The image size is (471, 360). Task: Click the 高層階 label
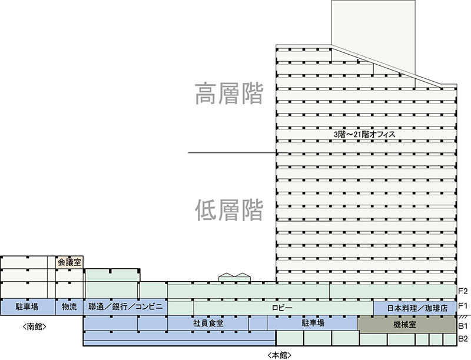229,94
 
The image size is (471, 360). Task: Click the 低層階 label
229,210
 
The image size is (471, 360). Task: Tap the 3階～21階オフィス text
364,134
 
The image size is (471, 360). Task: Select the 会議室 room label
69,262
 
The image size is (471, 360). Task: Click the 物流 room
69,307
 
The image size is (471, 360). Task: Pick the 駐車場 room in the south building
28,307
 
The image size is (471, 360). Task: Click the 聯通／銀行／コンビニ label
125,306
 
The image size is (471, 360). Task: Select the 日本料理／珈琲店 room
414,308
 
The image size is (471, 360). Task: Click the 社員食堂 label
208,323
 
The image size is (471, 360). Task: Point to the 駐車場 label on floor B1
313,323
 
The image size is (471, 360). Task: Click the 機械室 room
406,324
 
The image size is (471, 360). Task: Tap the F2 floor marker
463,291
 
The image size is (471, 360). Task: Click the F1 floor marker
463,306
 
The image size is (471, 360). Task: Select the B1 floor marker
463,326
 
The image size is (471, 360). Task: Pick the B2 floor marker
463,339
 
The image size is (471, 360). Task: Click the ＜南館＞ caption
35,326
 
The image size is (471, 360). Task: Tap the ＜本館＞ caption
279,355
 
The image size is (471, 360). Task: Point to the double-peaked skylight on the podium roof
234,277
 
